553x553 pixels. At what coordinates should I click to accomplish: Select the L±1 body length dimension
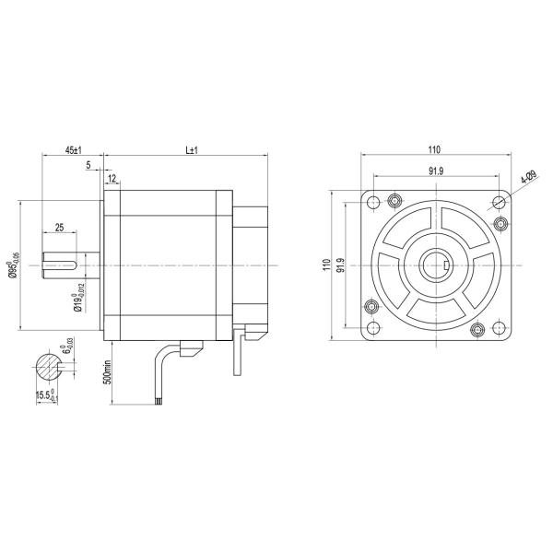pos(193,149)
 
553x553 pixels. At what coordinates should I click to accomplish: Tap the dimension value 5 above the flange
pos(88,166)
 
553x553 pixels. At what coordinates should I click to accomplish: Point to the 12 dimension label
pos(112,177)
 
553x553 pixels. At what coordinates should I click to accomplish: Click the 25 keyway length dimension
pos(59,227)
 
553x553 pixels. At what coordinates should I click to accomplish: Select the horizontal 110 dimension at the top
pos(434,150)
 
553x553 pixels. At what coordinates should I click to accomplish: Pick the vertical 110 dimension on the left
pos(326,265)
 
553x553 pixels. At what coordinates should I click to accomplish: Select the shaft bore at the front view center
pos(434,265)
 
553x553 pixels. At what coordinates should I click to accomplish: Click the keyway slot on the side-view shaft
pos(63,265)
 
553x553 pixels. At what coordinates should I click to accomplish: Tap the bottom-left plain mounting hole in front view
pos(372,328)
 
